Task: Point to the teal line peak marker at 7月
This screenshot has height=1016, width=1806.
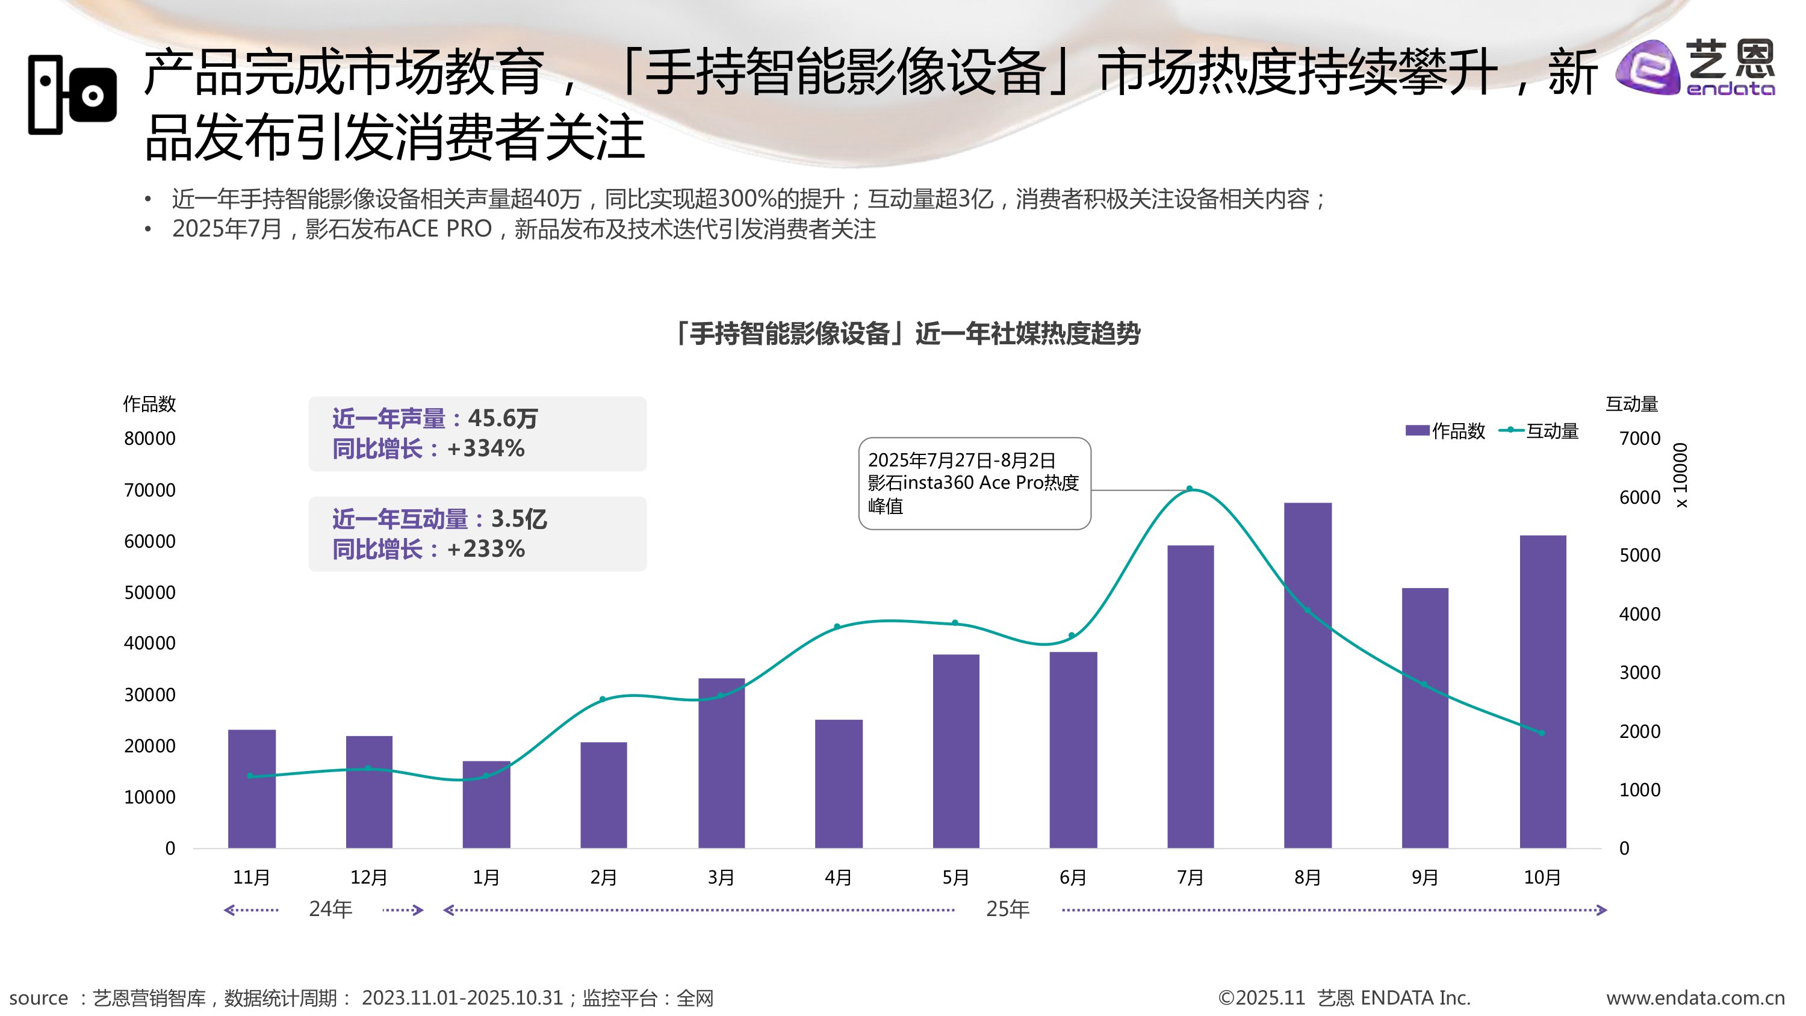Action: [1189, 489]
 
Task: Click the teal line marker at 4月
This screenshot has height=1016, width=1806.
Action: [836, 626]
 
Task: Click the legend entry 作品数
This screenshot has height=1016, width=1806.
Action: [1445, 430]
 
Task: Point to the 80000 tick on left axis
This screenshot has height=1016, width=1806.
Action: [149, 439]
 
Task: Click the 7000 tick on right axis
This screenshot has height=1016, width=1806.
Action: [1639, 439]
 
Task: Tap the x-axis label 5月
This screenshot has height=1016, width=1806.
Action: [955, 877]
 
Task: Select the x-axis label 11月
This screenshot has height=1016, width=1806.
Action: [251, 877]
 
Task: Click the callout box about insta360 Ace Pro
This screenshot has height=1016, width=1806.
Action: [974, 483]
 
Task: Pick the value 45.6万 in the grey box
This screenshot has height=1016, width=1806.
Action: [502, 418]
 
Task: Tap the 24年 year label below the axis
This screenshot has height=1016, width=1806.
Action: [330, 909]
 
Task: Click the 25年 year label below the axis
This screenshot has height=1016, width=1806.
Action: [1008, 909]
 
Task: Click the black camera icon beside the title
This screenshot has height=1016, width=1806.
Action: [72, 94]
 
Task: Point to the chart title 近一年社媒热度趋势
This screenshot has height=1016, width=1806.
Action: [907, 334]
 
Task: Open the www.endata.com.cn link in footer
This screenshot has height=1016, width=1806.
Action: [1695, 998]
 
